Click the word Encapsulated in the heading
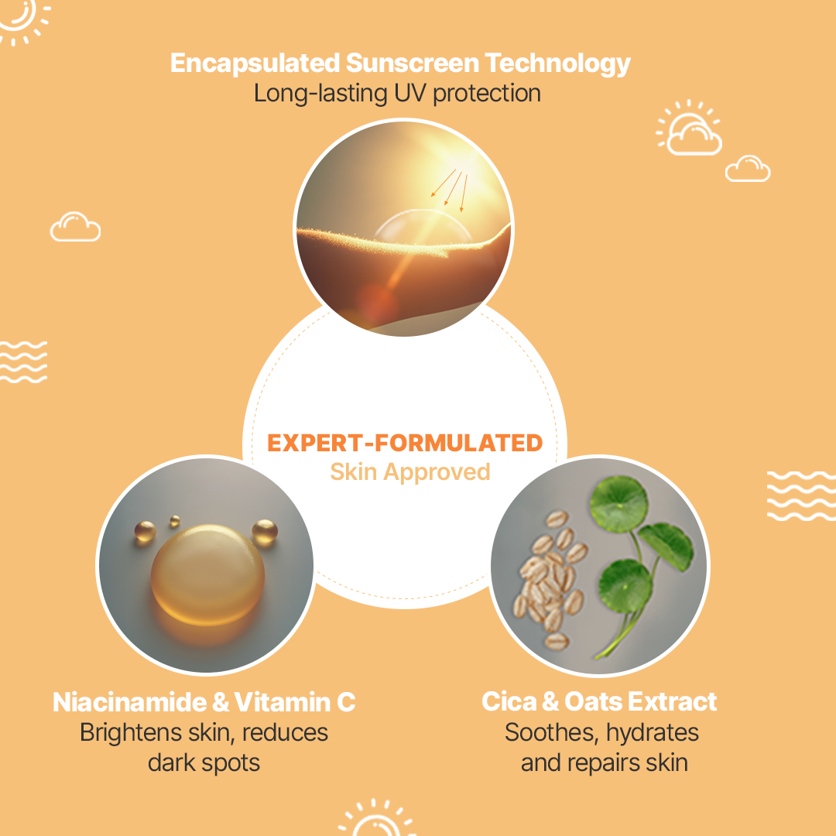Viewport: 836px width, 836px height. (255, 63)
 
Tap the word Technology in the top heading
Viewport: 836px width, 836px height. (557, 64)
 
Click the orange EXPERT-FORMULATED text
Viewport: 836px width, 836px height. (405, 443)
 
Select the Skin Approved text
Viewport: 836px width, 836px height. (410, 472)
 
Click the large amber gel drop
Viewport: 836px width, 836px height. (207, 574)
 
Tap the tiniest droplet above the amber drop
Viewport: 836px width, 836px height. (175, 520)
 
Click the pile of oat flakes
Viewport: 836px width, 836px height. (549, 578)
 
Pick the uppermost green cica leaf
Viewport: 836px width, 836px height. (618, 505)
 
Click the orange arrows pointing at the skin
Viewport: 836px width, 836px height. (450, 190)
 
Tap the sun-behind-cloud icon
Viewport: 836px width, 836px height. (689, 128)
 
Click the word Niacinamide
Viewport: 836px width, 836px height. (129, 702)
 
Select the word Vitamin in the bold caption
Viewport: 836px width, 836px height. (283, 702)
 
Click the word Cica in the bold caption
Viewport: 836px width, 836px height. (509, 701)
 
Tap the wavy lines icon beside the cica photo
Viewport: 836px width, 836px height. (801, 496)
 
